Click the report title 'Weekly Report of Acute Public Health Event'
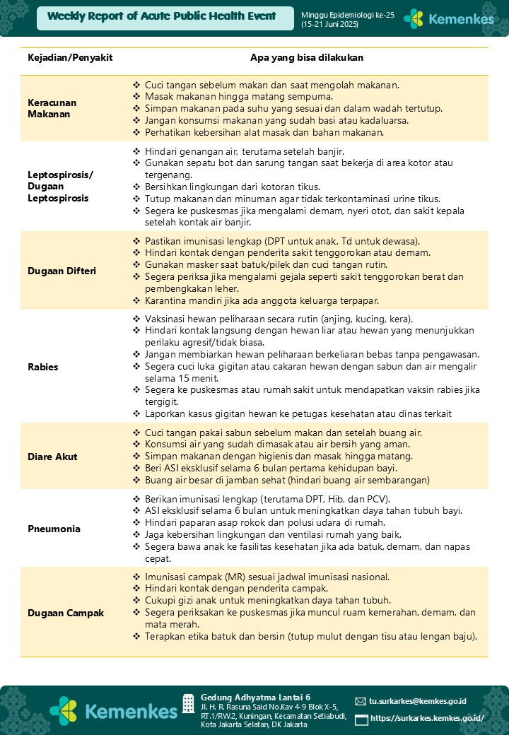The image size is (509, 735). pos(162,16)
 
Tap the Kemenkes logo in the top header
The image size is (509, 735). pos(449,19)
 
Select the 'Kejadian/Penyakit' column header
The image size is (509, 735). pos(70,57)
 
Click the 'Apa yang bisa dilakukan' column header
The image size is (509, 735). pos(307,57)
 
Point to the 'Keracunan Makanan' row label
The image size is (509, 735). pos(52,108)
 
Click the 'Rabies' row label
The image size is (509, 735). pos(42,367)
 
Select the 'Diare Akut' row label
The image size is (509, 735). pos(52,457)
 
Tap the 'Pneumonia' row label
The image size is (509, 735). pos(54,529)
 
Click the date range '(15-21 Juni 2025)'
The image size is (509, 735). pos(329,25)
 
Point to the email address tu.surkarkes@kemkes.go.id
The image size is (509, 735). pos(417,701)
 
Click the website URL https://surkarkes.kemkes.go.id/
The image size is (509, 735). pos(427,718)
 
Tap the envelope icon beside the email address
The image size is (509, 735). pos(361,702)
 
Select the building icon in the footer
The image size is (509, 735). pos(188,703)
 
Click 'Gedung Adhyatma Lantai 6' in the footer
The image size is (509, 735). pos(255,696)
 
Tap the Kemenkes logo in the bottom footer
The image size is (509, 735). pos(112,710)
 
